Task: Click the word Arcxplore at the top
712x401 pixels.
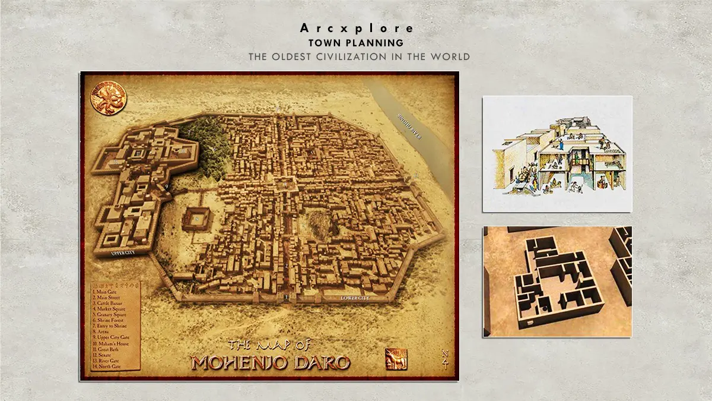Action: [356, 29]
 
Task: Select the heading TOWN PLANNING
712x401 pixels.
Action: [356, 43]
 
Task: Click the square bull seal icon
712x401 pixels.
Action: [396, 359]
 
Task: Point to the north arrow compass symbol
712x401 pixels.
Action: [445, 359]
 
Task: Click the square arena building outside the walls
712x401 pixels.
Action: [197, 219]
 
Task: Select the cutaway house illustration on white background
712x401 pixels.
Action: [557, 154]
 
